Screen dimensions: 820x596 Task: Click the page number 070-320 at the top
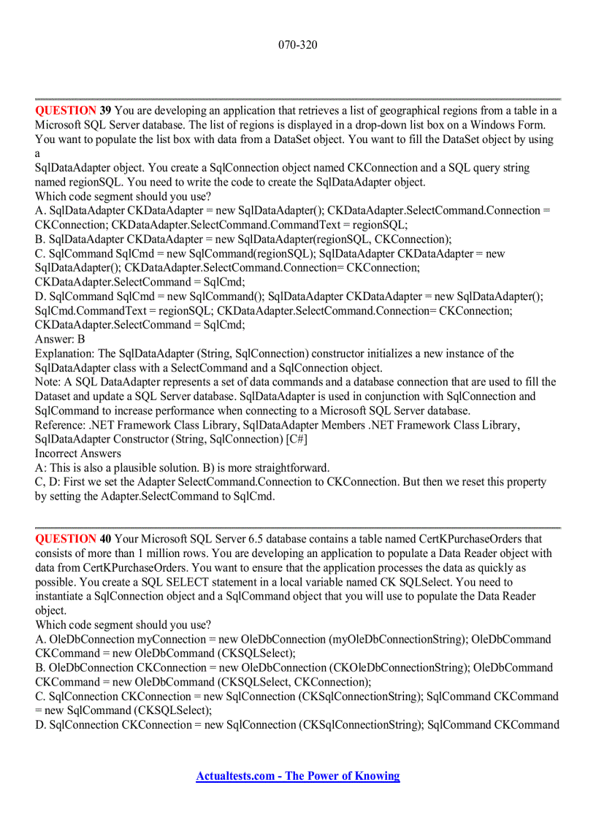coord(298,45)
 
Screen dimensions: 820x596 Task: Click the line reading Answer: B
coord(60,339)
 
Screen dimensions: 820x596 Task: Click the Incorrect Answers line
coord(78,453)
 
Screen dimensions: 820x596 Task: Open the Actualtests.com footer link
coord(298,776)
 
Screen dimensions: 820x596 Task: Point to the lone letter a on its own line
coord(38,153)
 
